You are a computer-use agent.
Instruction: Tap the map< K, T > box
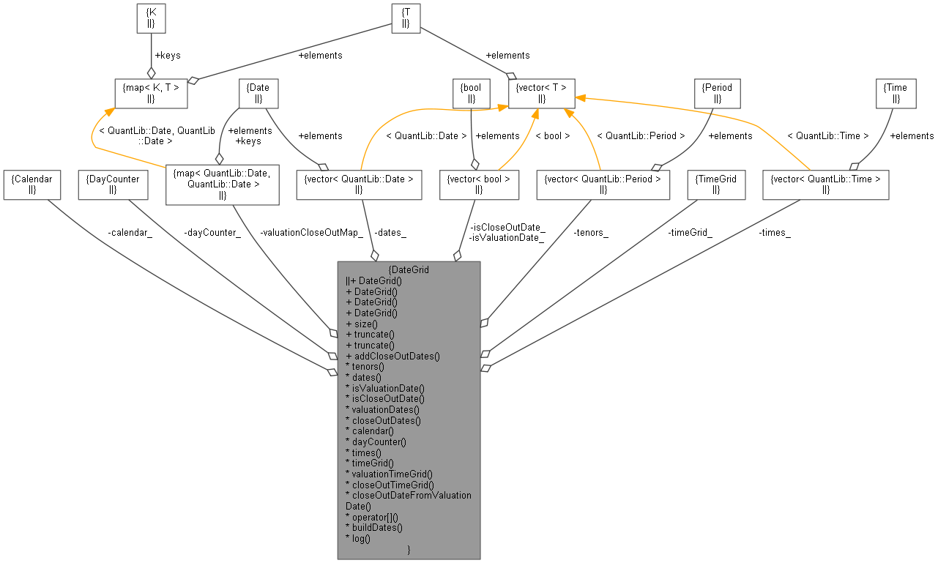coord(151,93)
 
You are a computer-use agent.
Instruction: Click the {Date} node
coord(258,93)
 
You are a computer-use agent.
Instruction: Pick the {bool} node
coord(471,93)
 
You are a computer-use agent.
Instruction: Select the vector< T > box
coord(541,93)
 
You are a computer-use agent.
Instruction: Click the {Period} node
coord(717,93)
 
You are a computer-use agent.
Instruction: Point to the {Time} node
coord(896,93)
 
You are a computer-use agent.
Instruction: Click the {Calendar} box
coord(31,184)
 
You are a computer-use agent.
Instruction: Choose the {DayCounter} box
coord(112,184)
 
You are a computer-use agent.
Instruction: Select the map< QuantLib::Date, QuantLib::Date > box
coord(222,184)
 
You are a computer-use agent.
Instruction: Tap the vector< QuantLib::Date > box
coord(358,184)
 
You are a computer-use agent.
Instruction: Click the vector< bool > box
coord(478,184)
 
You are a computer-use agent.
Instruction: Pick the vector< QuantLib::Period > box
coord(603,184)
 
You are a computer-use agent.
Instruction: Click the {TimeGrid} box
coord(716,184)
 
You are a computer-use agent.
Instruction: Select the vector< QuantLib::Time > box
coord(825,184)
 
